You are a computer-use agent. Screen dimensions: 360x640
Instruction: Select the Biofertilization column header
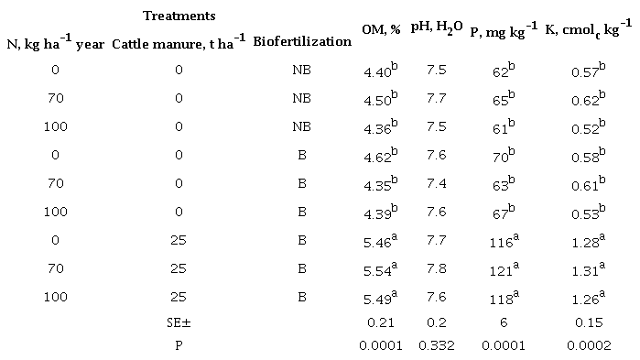coord(302,41)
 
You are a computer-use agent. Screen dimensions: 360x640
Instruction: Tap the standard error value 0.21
coord(381,322)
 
